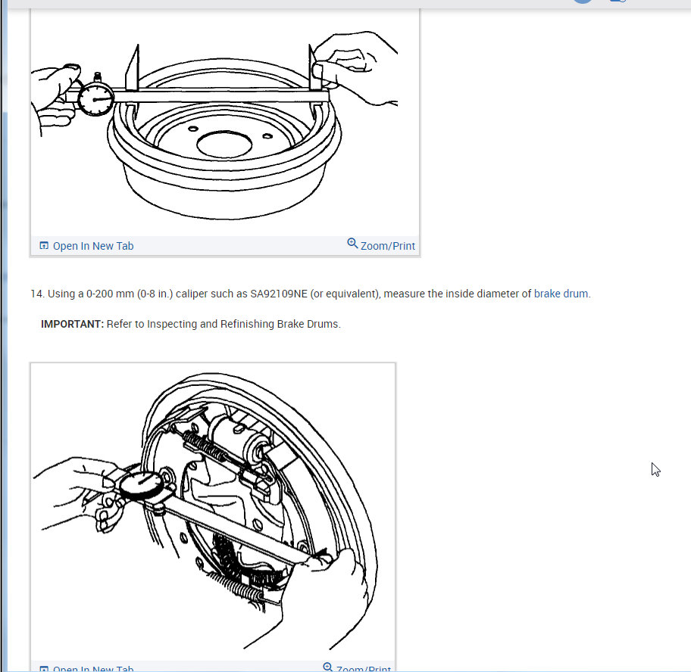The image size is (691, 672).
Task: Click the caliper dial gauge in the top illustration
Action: pyautogui.click(x=96, y=98)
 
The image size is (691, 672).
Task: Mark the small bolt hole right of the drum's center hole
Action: pyautogui.click(x=267, y=136)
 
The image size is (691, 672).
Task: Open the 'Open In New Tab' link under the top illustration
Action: pyautogui.click(x=92, y=246)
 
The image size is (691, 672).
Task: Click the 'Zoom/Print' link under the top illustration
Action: pyautogui.click(x=387, y=246)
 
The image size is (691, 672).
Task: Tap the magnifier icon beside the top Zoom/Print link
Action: pyautogui.click(x=352, y=244)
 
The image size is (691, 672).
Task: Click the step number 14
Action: pyautogui.click(x=36, y=294)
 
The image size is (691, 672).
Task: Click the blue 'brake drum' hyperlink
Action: pyautogui.click(x=561, y=294)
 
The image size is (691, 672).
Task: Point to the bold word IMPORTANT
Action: pyautogui.click(x=71, y=324)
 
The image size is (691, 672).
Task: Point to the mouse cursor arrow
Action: pyautogui.click(x=655, y=469)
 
